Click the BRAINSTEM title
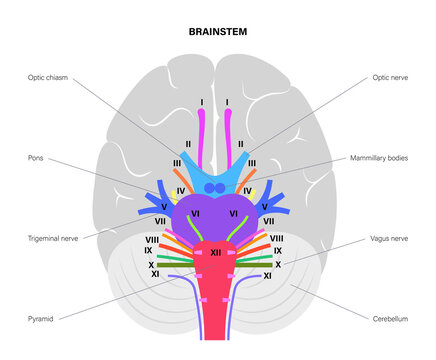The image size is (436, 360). pos(218,32)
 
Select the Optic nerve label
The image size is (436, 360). pos(393,75)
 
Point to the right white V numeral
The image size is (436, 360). pos(265,207)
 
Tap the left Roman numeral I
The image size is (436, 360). pos(202,102)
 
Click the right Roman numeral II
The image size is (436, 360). pos(240,144)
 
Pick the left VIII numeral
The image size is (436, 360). pos(152,239)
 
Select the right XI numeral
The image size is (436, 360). pos(267,275)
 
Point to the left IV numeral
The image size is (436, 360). pos(180,189)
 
